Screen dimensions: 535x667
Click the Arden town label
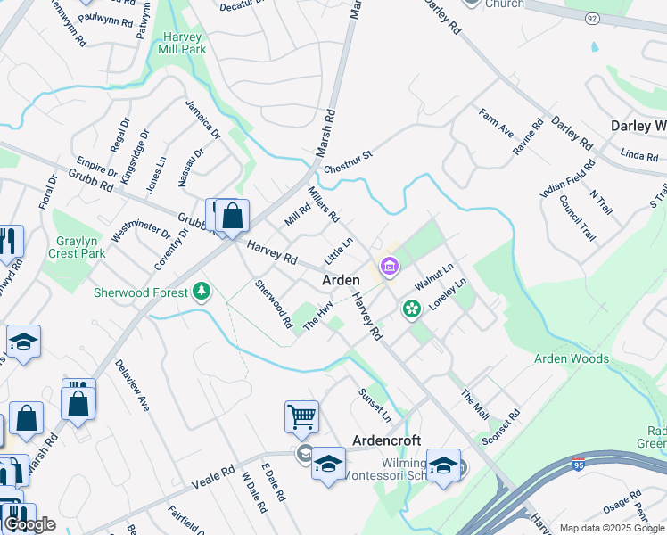(x=341, y=280)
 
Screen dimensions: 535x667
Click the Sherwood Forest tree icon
(x=202, y=291)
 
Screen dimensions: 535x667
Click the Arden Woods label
(x=572, y=358)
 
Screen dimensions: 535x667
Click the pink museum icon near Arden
(x=389, y=266)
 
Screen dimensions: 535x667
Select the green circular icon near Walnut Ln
(x=412, y=309)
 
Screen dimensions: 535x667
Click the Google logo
(x=29, y=524)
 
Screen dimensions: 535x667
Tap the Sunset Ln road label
(x=375, y=405)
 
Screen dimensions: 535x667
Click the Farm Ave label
(x=496, y=123)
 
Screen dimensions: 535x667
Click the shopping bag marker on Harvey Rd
(x=232, y=216)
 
